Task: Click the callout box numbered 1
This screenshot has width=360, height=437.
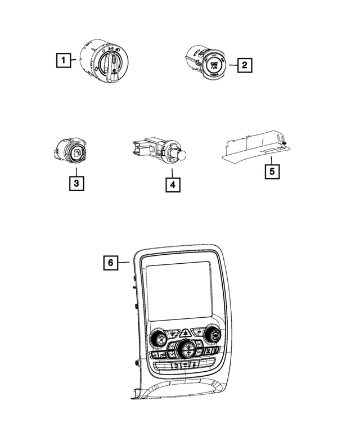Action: click(x=65, y=58)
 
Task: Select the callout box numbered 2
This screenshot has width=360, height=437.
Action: click(x=244, y=65)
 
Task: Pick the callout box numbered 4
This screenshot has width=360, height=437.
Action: click(x=173, y=184)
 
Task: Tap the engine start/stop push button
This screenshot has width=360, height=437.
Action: click(x=214, y=64)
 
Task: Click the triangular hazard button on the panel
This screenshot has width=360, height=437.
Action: click(x=184, y=334)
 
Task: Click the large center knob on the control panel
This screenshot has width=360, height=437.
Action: click(x=186, y=350)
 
